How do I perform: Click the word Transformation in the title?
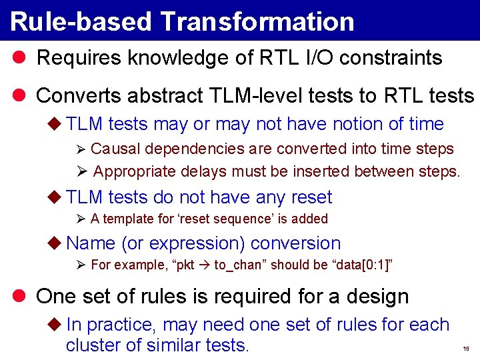[257, 21]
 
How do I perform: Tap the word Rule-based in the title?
[81, 21]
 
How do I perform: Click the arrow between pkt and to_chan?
[205, 265]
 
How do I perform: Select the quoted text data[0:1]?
[359, 265]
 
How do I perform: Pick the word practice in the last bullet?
[117, 325]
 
